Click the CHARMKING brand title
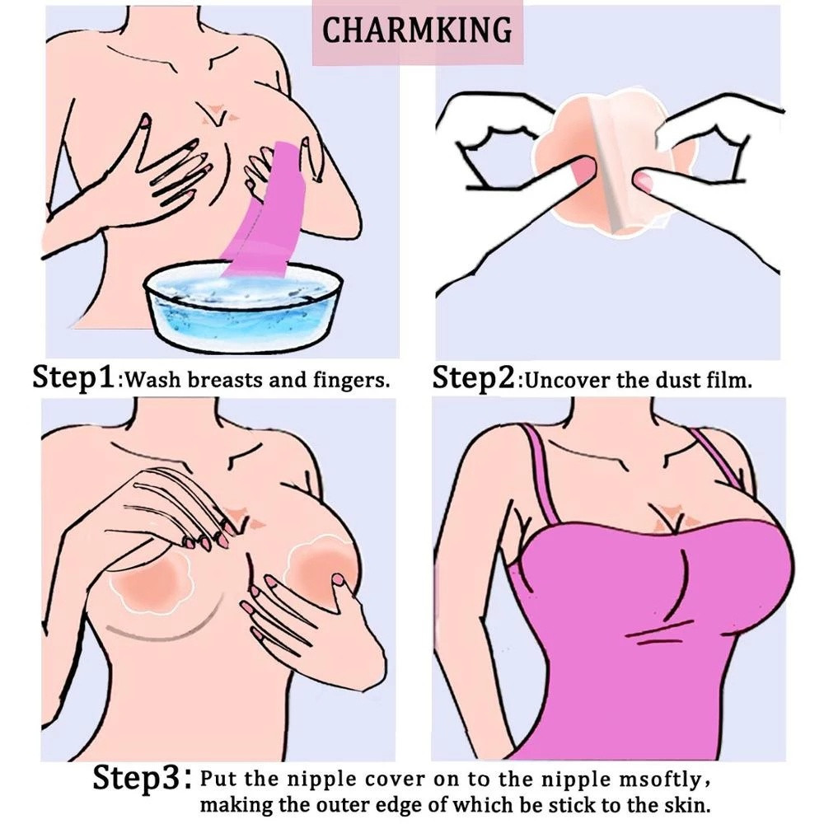416,30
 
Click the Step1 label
73,377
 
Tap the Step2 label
473,377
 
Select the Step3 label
138,777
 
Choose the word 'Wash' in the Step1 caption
155,379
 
